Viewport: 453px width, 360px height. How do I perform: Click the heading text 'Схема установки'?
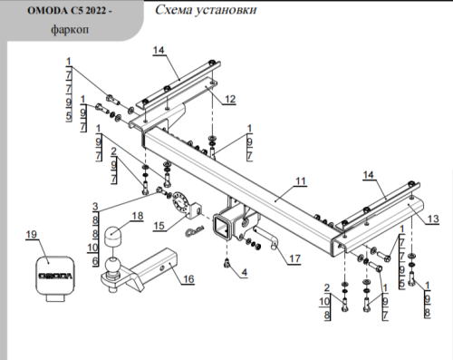[x=204, y=11]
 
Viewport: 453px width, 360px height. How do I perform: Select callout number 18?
[x=138, y=216]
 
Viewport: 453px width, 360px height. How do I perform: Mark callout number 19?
[x=31, y=236]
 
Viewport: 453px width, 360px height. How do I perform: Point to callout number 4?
[x=244, y=272]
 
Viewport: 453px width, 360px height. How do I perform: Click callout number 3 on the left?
[x=94, y=206]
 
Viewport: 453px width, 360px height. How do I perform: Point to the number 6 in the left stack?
[x=94, y=260]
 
